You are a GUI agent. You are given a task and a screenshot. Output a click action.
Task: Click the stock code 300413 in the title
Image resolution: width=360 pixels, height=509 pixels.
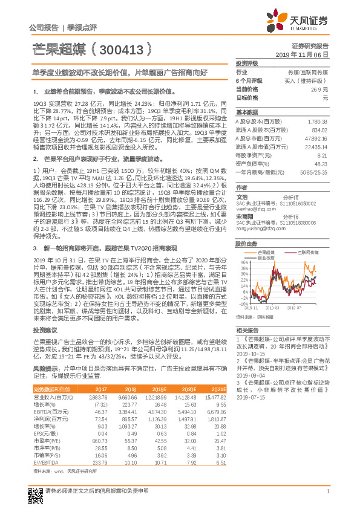123,50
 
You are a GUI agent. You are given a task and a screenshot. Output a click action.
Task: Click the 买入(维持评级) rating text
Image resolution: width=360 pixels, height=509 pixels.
311,80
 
